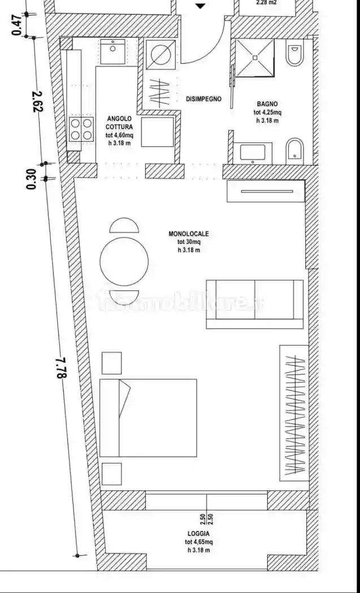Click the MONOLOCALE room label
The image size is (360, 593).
[189, 233]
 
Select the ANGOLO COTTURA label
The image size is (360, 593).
[119, 123]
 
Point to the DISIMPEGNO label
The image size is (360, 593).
[203, 99]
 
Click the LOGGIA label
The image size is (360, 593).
[199, 533]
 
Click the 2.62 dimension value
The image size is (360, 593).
[38, 102]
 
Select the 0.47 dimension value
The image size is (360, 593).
[18, 25]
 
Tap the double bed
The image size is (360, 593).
[148, 417]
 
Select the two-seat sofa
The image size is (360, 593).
[254, 304]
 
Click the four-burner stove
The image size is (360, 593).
[81, 129]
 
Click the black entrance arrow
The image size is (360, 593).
[201, 6]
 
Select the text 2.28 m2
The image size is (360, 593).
[266, 2]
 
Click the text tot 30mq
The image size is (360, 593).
[189, 242]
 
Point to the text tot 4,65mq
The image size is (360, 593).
[199, 542]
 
